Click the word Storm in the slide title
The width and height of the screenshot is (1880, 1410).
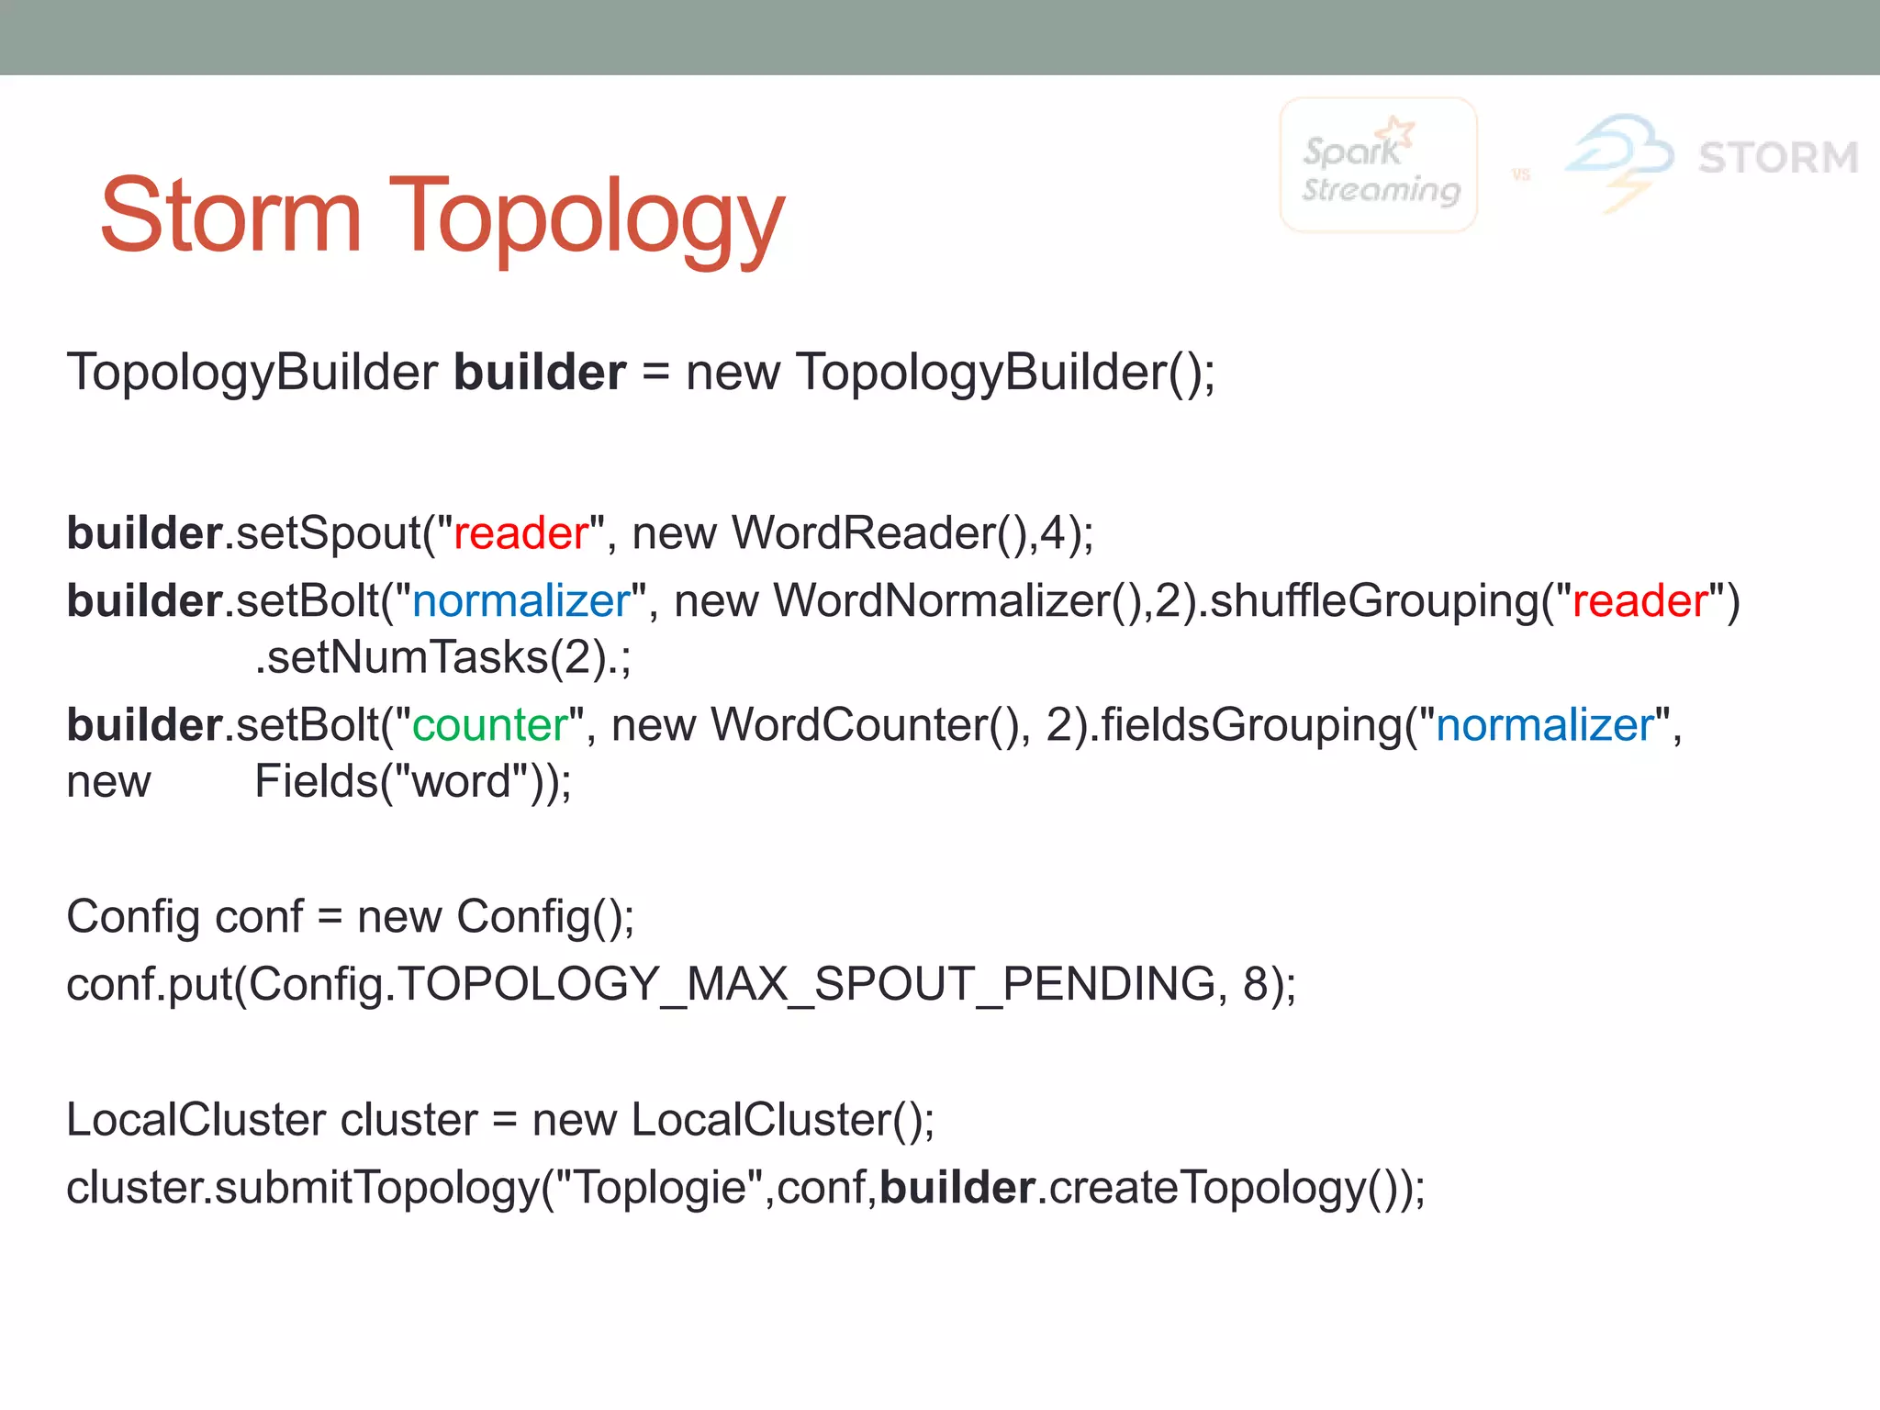[230, 216]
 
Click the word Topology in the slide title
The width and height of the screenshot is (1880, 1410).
[587, 220]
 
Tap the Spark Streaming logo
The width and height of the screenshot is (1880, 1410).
[1379, 166]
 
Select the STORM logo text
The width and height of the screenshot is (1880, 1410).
[1778, 158]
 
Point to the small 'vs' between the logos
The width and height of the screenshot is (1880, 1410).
[1521, 174]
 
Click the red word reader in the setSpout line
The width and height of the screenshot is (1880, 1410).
[520, 533]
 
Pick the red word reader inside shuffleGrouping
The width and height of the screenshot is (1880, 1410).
[1639, 601]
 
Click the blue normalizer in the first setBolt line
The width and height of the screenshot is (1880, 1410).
[521, 601]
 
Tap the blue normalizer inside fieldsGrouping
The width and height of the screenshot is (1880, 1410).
[1545, 725]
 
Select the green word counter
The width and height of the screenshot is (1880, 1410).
[490, 725]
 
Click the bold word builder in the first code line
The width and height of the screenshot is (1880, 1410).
[540, 373]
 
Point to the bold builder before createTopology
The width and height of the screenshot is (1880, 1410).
[957, 1188]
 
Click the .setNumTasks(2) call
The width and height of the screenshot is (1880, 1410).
[431, 657]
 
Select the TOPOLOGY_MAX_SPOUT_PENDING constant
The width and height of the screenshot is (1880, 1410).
[807, 984]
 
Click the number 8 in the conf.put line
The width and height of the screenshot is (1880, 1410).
[1256, 984]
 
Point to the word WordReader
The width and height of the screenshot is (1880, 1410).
[863, 533]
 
